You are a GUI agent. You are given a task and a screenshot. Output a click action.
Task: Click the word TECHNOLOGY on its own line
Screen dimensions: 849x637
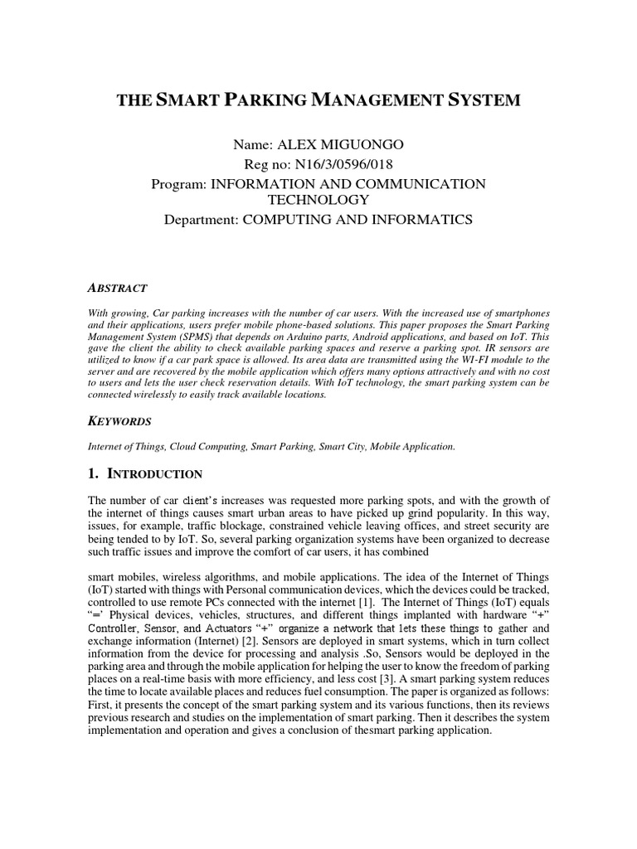click(x=318, y=201)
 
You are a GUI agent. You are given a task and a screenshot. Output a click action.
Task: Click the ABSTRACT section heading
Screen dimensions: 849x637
click(x=118, y=288)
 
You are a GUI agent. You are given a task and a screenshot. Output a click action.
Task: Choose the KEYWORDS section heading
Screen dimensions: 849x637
click(x=119, y=421)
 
